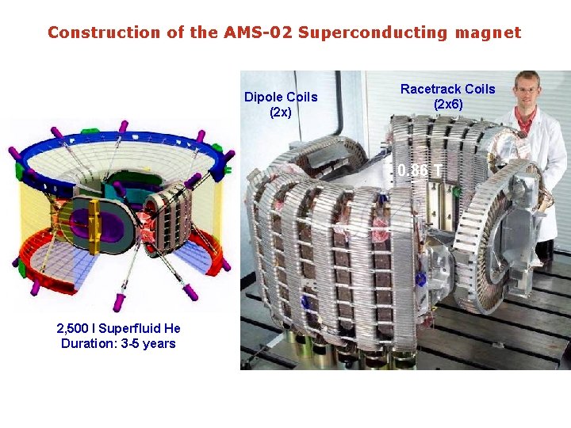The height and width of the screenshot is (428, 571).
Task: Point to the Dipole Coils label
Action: (x=281, y=97)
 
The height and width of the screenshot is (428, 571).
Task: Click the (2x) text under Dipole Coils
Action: (x=281, y=112)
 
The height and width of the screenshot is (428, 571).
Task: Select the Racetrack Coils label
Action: (x=447, y=89)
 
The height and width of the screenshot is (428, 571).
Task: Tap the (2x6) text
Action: (x=448, y=104)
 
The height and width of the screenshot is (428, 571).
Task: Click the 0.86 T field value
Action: (x=420, y=170)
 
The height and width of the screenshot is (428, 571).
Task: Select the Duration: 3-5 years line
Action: (x=118, y=343)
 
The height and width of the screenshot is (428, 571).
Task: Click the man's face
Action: (x=526, y=88)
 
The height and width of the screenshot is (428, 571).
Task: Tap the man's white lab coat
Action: (x=547, y=159)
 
